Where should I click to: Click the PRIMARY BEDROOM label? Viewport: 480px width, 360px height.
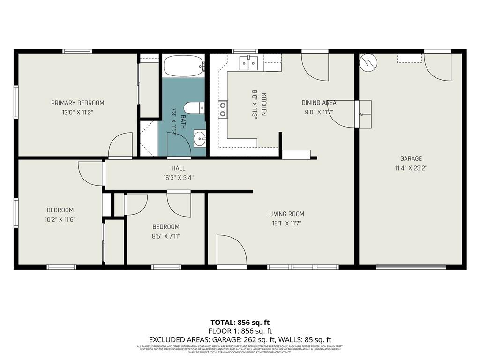[77, 103]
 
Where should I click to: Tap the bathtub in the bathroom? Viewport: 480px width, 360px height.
[183, 66]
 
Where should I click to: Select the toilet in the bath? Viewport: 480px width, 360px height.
[194, 107]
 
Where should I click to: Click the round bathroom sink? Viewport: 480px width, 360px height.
[200, 138]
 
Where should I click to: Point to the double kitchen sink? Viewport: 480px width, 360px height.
[248, 63]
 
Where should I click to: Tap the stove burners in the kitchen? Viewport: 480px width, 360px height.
[223, 109]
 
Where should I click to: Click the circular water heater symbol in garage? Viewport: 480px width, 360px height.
[368, 63]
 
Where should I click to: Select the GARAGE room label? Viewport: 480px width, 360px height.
[411, 159]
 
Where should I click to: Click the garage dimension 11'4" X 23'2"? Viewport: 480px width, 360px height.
[411, 168]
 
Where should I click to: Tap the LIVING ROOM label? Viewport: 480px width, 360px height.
[286, 214]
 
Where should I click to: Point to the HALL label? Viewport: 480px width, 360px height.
[178, 168]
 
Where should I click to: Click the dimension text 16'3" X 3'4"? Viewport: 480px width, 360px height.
[178, 178]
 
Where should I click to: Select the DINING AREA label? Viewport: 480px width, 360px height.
[318, 103]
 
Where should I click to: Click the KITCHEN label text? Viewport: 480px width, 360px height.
[264, 104]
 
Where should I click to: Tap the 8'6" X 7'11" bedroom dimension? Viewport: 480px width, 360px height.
[165, 236]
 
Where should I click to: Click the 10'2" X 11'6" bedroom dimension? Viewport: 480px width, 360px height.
[60, 219]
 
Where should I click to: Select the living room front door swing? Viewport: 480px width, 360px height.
[231, 251]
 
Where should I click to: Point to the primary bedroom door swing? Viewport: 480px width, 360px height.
[121, 145]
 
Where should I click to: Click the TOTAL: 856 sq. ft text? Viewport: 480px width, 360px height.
[240, 322]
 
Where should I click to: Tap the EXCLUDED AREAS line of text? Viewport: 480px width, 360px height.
[240, 339]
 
